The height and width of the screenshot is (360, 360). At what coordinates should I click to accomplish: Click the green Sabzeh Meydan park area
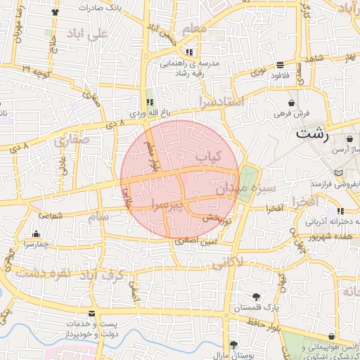(x=247, y=183)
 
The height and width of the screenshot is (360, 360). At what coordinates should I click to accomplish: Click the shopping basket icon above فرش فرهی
(x=281, y=102)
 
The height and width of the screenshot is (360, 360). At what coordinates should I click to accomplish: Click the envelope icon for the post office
(x=91, y=313)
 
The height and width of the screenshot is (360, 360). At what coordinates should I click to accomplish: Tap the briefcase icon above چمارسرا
(x=37, y=233)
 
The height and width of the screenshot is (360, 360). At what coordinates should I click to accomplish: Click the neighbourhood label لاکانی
(x=228, y=264)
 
